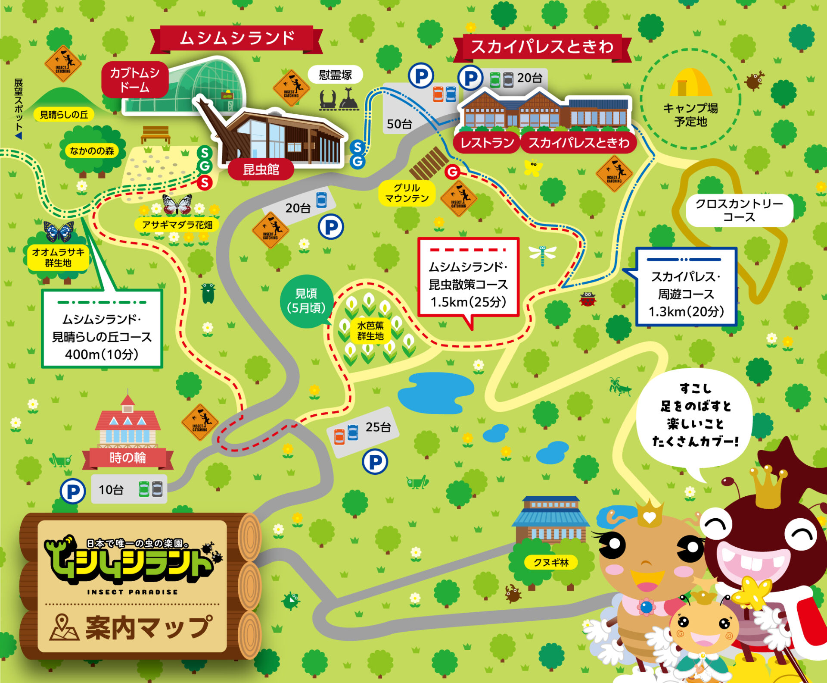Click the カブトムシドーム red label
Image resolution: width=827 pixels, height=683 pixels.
(135, 80)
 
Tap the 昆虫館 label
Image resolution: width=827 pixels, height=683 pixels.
(261, 169)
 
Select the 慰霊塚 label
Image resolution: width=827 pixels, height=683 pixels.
(335, 75)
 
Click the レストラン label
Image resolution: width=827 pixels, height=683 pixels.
(487, 143)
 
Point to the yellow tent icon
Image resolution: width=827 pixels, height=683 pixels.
(690, 82)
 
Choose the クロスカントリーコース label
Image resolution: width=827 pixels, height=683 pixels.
(739, 210)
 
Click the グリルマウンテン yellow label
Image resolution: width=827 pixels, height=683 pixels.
(407, 193)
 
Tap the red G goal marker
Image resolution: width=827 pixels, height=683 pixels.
(452, 172)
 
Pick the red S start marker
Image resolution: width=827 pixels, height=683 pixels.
(205, 182)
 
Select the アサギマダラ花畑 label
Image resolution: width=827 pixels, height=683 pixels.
(177, 225)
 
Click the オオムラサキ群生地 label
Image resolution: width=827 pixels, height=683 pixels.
(58, 257)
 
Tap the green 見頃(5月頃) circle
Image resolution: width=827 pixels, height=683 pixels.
(306, 301)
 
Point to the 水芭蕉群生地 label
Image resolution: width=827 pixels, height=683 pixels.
(370, 331)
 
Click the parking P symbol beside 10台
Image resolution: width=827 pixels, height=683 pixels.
(73, 491)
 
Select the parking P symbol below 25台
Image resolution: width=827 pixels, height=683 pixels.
(375, 462)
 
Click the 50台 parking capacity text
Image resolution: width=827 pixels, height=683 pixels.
(399, 124)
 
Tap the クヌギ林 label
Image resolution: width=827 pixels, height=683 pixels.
(551, 562)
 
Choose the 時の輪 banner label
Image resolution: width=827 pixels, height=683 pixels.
(127, 457)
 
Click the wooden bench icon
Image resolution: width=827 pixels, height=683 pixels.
(155, 134)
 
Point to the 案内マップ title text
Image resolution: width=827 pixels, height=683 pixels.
(149, 627)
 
